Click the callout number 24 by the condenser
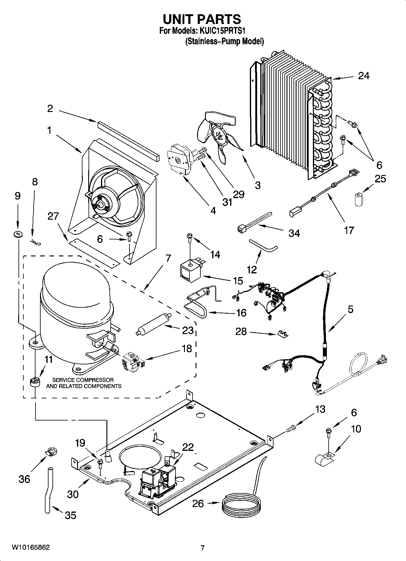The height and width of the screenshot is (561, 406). [364, 76]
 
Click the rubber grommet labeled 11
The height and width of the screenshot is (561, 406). [35, 381]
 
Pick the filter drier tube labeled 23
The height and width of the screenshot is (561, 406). [154, 324]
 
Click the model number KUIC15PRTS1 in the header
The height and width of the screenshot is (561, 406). [222, 31]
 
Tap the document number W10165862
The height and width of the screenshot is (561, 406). [31, 547]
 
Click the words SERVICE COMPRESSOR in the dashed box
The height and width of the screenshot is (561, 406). [83, 380]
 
